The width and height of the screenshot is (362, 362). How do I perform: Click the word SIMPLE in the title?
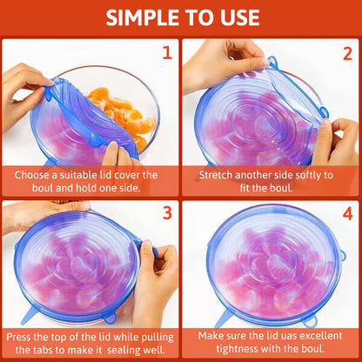(144, 17)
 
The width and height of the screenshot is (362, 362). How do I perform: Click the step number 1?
(166, 53)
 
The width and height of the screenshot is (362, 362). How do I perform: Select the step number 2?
(345, 53)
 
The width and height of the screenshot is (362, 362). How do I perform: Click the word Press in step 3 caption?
(23, 335)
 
